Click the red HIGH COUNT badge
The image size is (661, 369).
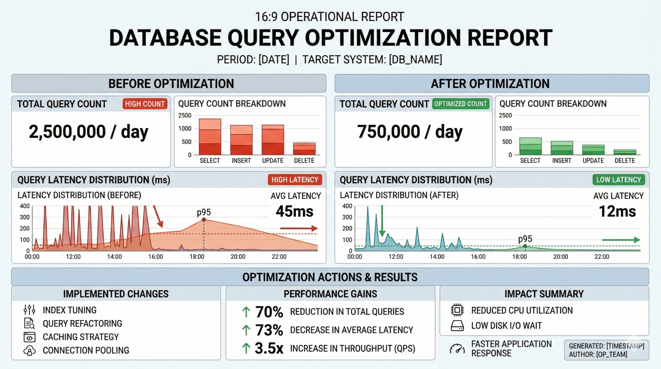[x=145, y=104]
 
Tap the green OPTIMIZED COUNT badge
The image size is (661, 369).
[x=461, y=104]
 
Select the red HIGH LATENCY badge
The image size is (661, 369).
[x=295, y=180]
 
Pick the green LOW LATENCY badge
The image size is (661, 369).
[x=619, y=180]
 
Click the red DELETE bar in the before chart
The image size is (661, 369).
[x=304, y=149]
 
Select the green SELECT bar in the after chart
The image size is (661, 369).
[x=530, y=146]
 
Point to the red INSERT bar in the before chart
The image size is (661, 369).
[x=241, y=140]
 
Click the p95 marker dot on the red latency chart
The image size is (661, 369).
[x=204, y=220]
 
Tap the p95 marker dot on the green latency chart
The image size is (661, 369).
[x=525, y=246]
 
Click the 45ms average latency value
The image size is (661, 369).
[x=295, y=211]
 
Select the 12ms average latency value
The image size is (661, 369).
[x=617, y=211]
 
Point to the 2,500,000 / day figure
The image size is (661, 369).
[x=89, y=132]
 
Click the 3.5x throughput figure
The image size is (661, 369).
[x=269, y=348]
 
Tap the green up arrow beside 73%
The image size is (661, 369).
[x=246, y=330]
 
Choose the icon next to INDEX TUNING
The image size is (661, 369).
[x=29, y=310]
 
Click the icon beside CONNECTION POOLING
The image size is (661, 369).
[x=29, y=350]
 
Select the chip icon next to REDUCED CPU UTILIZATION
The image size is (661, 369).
[x=457, y=310]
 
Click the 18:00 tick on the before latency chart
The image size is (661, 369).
[x=197, y=257]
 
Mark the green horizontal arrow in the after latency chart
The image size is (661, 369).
[x=621, y=240]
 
